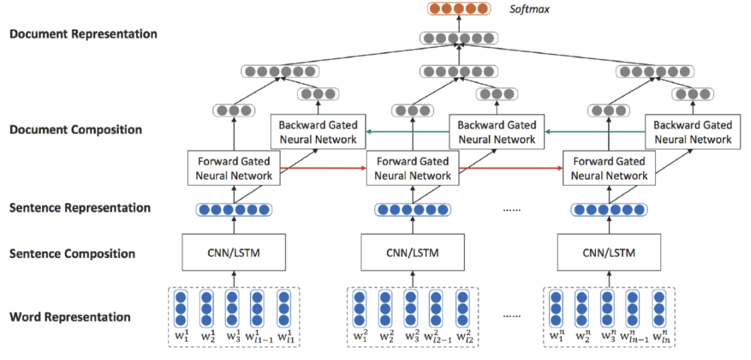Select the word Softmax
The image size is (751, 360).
(x=529, y=9)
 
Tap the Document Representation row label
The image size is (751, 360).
(x=83, y=34)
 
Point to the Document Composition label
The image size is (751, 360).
(x=76, y=130)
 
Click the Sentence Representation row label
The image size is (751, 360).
(x=80, y=208)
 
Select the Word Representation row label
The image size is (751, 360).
(x=70, y=317)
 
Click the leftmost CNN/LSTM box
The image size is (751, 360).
(x=233, y=252)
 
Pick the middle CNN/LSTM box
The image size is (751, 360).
(x=412, y=252)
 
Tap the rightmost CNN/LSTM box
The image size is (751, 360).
(x=609, y=252)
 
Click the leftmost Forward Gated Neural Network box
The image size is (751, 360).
(x=234, y=168)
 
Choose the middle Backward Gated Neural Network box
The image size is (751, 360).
(x=496, y=132)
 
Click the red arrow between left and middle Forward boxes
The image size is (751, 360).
(x=323, y=168)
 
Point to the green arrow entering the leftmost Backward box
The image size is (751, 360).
(x=407, y=131)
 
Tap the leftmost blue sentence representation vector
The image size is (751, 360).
(x=234, y=210)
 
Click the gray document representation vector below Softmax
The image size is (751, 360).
(x=459, y=38)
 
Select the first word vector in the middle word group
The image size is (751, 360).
(x=359, y=308)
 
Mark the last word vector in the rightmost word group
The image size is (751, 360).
(x=660, y=308)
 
